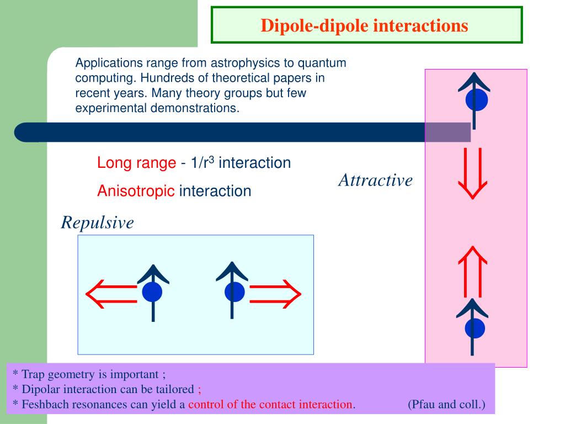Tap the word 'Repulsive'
pos(97,222)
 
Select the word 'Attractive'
pos(375,180)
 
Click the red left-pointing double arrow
pos(110,293)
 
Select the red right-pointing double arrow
pos(275,293)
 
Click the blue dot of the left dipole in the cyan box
pos(152,291)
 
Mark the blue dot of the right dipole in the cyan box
pos(234,291)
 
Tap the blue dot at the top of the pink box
pos(476,100)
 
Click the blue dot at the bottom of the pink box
pos(475,328)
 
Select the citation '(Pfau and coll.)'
pos(446,404)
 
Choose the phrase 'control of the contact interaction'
pos(270,404)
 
